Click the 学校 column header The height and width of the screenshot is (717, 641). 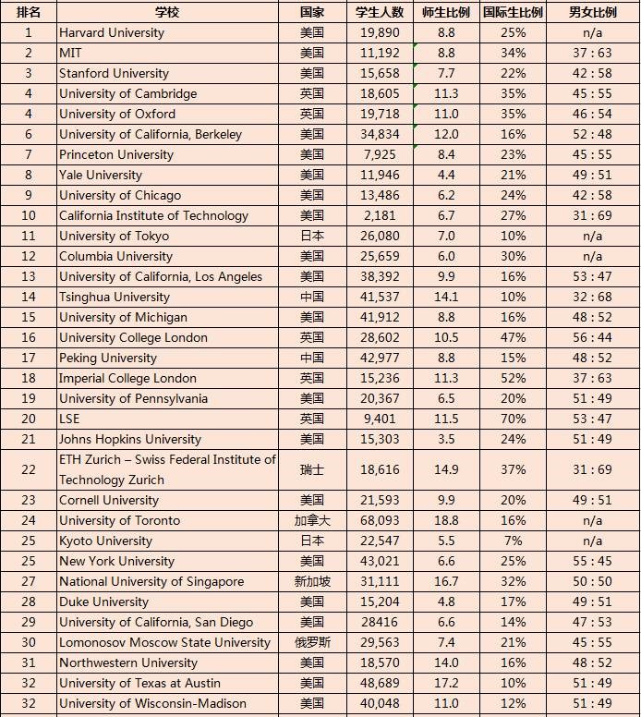167,12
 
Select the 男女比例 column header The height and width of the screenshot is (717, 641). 592,12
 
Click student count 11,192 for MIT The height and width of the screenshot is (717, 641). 380,53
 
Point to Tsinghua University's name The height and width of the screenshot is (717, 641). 115,297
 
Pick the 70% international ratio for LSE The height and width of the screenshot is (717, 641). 513,419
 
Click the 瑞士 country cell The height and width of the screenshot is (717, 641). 312,469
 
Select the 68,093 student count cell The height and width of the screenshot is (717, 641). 380,520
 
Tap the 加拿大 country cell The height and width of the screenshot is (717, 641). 312,520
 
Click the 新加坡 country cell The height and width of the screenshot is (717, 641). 312,581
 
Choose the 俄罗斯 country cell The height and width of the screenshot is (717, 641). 312,642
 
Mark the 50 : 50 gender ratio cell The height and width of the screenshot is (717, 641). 592,581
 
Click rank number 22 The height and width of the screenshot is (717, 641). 28,469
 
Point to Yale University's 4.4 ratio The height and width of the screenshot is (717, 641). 446,175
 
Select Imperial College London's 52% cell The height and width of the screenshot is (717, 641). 513,378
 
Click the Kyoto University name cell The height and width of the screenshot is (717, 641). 105,541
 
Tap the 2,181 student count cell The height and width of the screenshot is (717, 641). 380,215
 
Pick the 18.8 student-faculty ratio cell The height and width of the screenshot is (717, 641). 446,520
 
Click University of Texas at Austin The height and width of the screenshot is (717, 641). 139,683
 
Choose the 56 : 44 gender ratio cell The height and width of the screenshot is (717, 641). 592,337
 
